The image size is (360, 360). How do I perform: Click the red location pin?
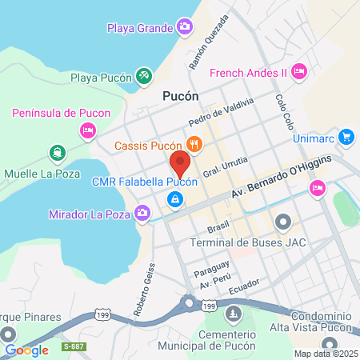point(179,165)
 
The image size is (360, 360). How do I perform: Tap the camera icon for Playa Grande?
point(185,29)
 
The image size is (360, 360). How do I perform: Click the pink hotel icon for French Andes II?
point(298,72)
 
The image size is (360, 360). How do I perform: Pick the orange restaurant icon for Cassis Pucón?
point(194,145)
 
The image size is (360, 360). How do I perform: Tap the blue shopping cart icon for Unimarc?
point(346,137)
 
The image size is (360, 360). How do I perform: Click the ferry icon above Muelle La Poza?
point(57,152)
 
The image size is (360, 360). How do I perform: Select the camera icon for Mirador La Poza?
point(142,213)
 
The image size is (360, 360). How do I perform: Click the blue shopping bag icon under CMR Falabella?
point(173,198)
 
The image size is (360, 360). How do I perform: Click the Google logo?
point(26,350)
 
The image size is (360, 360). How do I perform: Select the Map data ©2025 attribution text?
point(326,354)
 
